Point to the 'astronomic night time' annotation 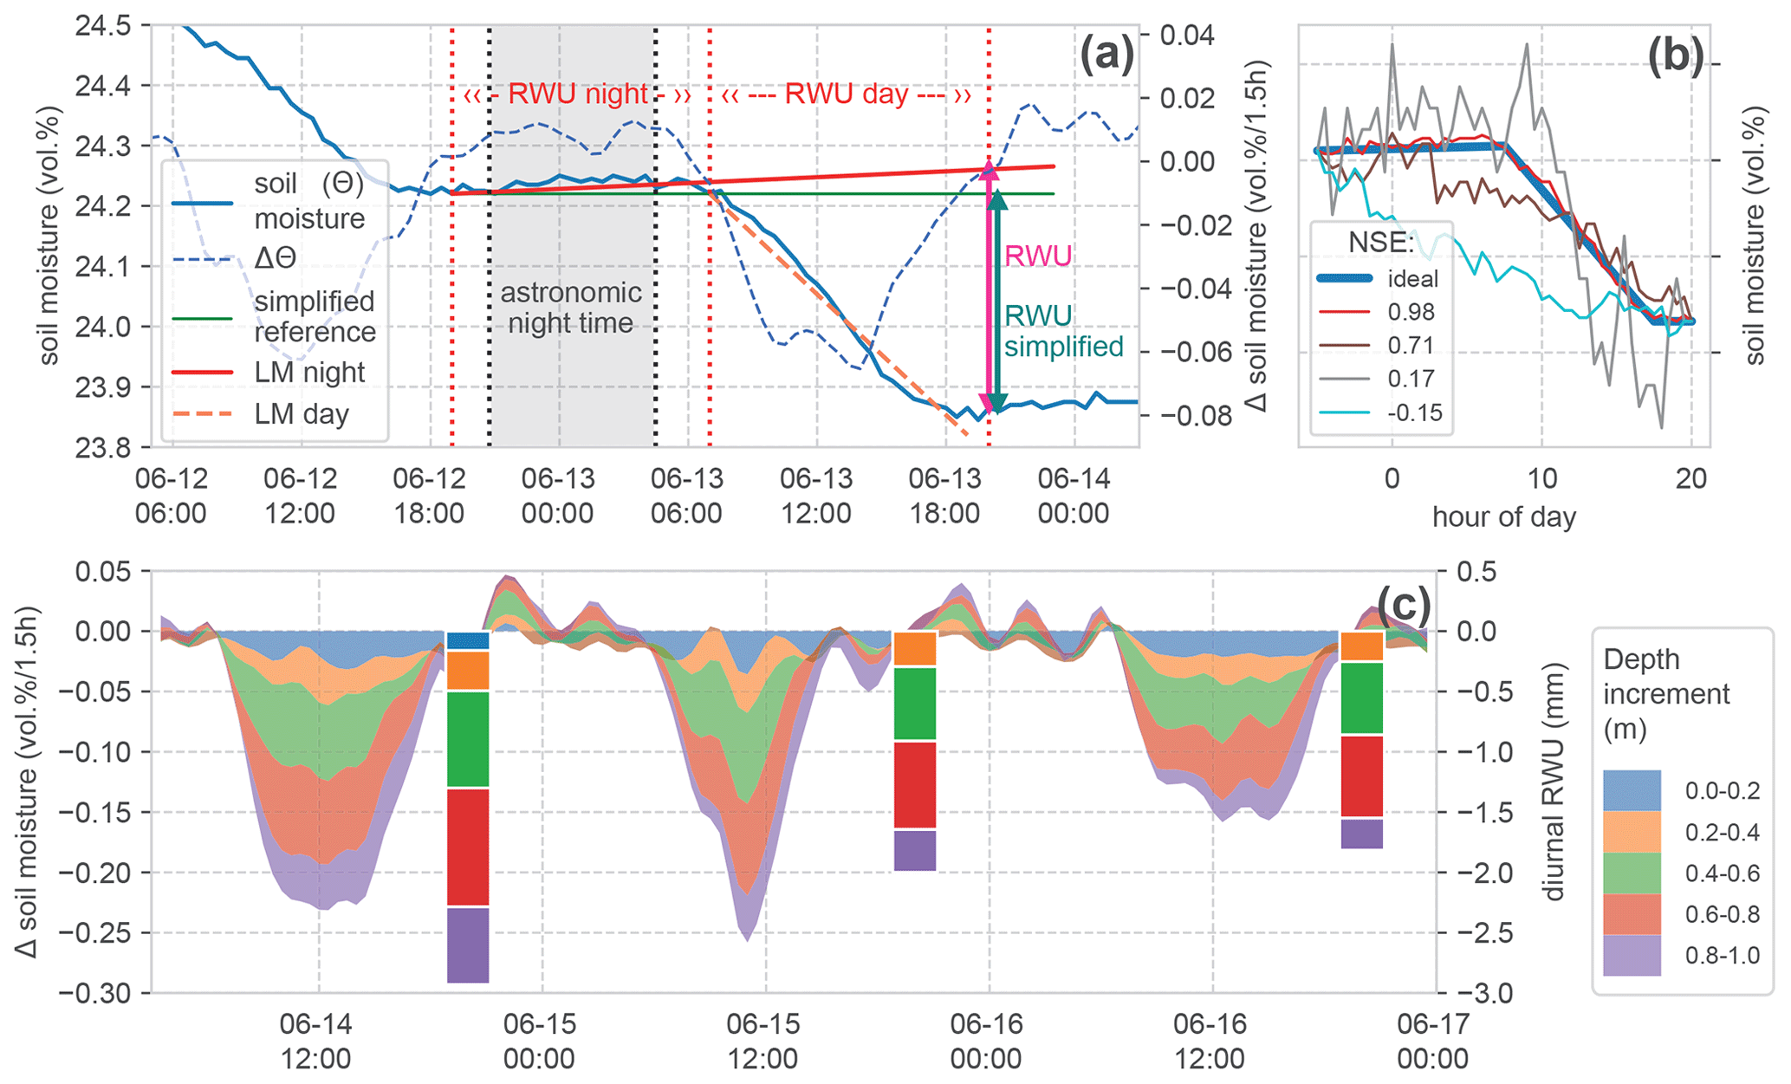(571, 308)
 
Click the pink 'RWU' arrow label (1037, 256)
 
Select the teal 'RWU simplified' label (1063, 331)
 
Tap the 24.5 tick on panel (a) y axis (102, 26)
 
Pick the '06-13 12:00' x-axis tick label (815, 495)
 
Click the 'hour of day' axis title (1503, 517)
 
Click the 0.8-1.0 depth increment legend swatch (1632, 955)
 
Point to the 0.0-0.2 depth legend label (1722, 790)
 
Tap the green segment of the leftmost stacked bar (468, 739)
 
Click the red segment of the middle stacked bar (914, 785)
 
